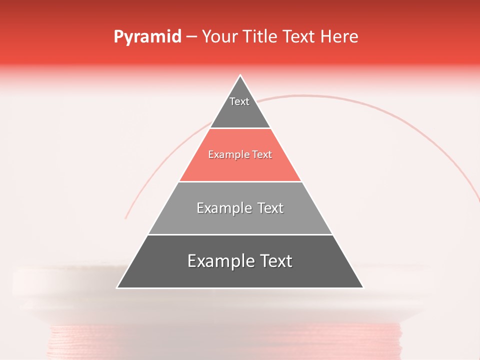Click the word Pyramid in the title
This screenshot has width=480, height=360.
147,37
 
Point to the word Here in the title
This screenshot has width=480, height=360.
339,37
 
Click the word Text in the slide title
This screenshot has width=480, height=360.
299,37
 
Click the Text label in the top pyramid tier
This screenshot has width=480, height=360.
239,101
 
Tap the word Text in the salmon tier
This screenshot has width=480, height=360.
262,155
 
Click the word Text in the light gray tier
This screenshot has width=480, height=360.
270,208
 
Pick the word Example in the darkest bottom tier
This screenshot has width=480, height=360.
218,261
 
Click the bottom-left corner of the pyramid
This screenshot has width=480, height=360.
117,287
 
